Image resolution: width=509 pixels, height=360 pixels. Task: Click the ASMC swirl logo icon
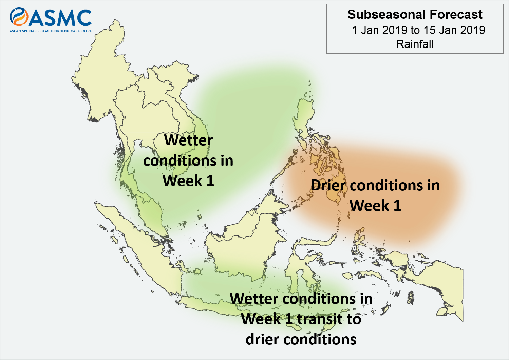(x=19, y=17)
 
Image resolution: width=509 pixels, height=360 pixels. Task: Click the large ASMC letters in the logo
(x=60, y=18)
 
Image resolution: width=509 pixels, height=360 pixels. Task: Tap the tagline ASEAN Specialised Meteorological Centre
(x=51, y=31)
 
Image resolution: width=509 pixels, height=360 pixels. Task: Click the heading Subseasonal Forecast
(x=415, y=14)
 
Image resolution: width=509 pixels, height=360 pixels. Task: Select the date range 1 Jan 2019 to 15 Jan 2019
(x=418, y=30)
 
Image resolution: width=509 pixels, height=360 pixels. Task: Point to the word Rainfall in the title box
(x=415, y=44)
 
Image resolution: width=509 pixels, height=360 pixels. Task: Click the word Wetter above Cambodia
(x=188, y=140)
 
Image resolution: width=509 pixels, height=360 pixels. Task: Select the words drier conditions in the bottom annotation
(x=301, y=339)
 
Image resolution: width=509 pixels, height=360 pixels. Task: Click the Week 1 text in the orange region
(x=375, y=206)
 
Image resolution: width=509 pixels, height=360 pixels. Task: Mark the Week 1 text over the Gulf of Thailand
(x=188, y=181)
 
